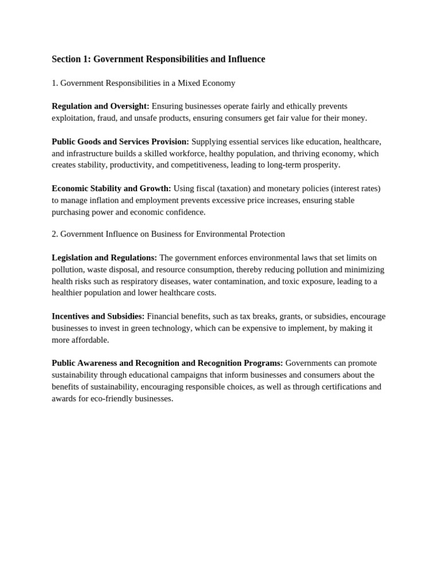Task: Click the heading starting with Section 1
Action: tap(158, 60)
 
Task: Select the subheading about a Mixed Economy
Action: tap(143, 83)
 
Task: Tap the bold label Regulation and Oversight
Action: tap(100, 106)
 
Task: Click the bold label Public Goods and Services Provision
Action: tap(120, 141)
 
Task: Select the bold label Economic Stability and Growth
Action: tap(111, 188)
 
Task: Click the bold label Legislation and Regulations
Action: tap(104, 258)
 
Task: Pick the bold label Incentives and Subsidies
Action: tap(98, 316)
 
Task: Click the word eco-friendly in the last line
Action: tap(110, 398)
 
